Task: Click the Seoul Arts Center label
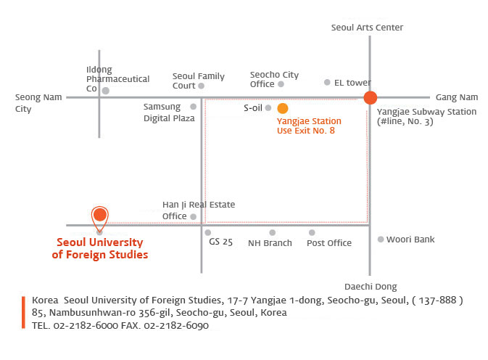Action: [x=367, y=28]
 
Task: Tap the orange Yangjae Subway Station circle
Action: [x=371, y=97]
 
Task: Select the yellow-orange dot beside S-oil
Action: [x=283, y=108]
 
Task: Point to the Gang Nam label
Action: [x=457, y=97]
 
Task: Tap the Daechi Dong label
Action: [x=371, y=287]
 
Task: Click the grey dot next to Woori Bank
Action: [x=381, y=240]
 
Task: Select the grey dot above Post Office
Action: [x=312, y=232]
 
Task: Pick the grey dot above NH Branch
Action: [x=273, y=232]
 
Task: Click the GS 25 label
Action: [x=220, y=242]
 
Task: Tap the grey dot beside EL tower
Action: [x=327, y=82]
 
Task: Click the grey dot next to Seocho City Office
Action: [x=281, y=84]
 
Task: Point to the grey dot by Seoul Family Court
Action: [x=202, y=86]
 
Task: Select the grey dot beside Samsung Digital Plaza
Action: [x=194, y=107]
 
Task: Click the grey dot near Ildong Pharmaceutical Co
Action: [x=106, y=91]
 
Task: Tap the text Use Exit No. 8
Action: [x=305, y=131]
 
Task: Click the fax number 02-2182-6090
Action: [x=176, y=325]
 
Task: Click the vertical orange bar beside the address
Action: [x=23, y=312]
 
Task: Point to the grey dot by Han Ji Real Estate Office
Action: [x=194, y=217]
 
